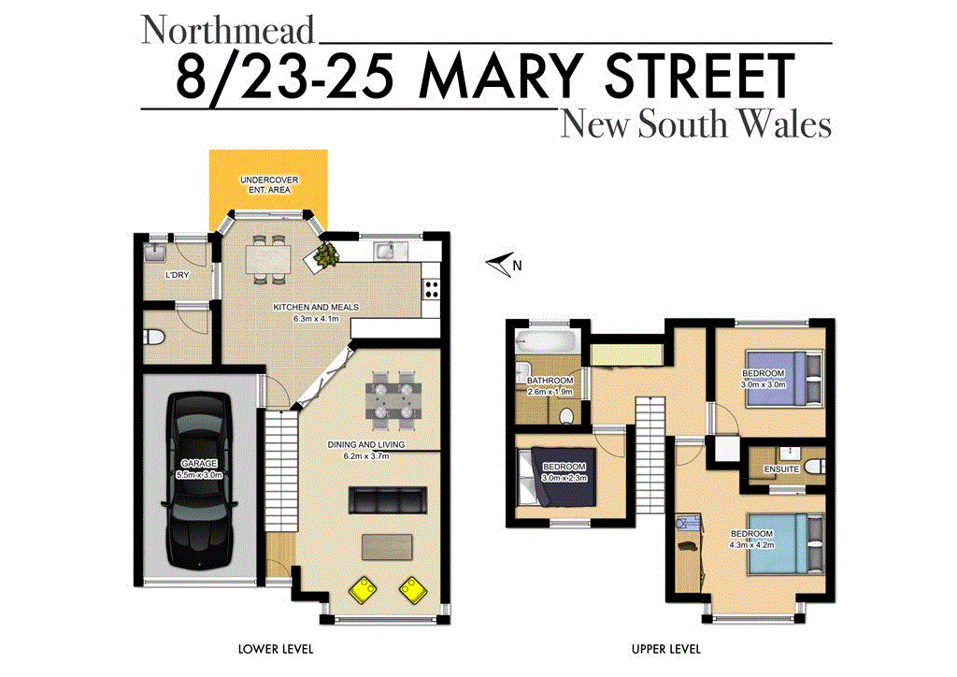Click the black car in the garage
tap(198, 475)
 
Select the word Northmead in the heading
tap(228, 30)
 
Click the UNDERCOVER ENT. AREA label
tap(266, 184)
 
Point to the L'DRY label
tap(177, 275)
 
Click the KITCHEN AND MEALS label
tap(316, 308)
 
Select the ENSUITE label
tap(781, 468)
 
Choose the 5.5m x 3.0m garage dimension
tap(198, 475)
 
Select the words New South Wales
tap(695, 125)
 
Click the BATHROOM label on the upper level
tap(550, 381)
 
